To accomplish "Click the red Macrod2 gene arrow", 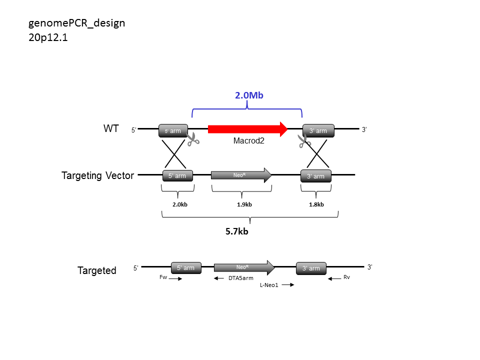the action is (x=247, y=129).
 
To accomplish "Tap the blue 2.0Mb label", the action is (x=249, y=95).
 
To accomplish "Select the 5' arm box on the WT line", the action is (x=173, y=130).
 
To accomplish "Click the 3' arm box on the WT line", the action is (x=318, y=130).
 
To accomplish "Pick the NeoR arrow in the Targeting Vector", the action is (x=241, y=175).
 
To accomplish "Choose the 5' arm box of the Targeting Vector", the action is (x=177, y=176).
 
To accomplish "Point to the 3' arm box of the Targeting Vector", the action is (x=316, y=176).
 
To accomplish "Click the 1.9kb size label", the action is (x=244, y=204).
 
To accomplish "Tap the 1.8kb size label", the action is (x=316, y=204).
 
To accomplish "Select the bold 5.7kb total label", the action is (x=236, y=231).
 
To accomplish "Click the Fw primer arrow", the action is (x=175, y=278).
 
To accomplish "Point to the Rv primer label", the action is (x=346, y=277).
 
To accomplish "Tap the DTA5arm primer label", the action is (x=241, y=278).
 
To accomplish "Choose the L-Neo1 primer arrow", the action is (x=288, y=284).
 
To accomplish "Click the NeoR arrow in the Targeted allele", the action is (x=244, y=267).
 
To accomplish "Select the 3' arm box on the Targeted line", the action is (x=311, y=268).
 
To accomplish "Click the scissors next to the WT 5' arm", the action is (x=193, y=139).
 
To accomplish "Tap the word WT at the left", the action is (x=111, y=128).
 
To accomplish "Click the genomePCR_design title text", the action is (x=77, y=23).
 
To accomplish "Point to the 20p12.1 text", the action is (x=48, y=37).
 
